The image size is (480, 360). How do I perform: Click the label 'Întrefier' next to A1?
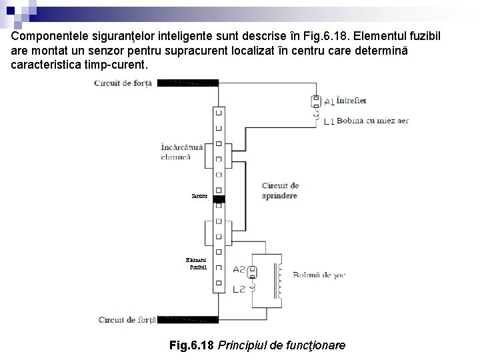[351, 101]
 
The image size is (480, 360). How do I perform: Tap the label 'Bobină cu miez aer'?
[373, 121]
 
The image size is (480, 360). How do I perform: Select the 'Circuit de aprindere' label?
[280, 191]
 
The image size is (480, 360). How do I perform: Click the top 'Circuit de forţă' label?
[123, 83]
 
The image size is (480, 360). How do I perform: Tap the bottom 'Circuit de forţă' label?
[127, 320]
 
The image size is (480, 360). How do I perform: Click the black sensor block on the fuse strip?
[219, 199]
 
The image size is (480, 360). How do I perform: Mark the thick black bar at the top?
[186, 83]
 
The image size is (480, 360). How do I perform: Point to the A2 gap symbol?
[253, 271]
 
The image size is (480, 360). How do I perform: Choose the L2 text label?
[240, 289]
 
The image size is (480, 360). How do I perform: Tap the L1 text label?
[329, 122]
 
